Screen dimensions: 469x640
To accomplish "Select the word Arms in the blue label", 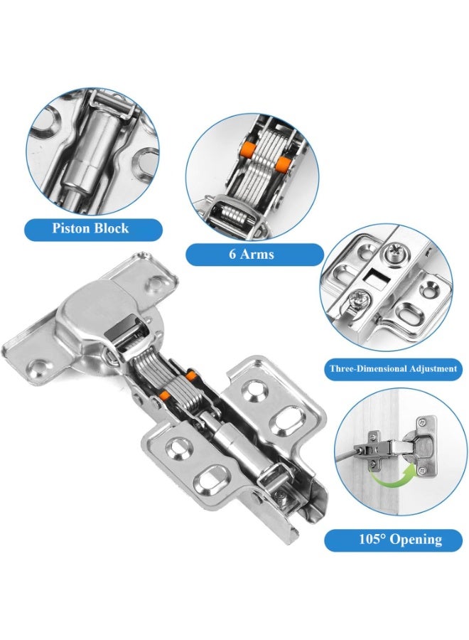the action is tap(257, 255).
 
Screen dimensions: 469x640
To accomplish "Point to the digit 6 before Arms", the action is tap(232, 255).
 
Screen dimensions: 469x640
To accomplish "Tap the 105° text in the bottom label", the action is tap(372, 539).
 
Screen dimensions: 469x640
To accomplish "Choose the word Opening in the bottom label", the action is tap(416, 540).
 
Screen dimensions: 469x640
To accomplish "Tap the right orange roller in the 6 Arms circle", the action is tap(281, 165).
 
